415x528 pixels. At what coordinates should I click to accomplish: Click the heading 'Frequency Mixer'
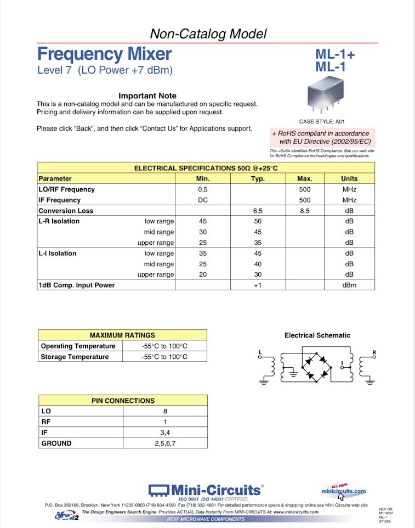104,54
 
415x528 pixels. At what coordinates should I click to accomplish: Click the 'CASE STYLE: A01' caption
322,121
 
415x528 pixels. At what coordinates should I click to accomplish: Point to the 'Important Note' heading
147,96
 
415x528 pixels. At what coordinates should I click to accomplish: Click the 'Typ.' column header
258,178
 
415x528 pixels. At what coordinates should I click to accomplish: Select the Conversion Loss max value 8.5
305,211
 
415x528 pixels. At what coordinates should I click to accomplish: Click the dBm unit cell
349,285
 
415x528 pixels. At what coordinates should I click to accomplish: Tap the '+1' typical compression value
258,285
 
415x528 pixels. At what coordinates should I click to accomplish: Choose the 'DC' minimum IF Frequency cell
202,200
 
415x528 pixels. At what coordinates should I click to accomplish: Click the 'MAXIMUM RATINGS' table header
122,335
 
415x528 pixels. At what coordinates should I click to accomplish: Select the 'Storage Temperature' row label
75,357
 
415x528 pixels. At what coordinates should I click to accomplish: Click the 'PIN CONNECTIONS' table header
123,401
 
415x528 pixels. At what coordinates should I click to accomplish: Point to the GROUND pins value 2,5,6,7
165,443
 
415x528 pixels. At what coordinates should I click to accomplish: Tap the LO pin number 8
165,411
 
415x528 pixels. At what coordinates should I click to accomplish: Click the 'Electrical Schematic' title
317,335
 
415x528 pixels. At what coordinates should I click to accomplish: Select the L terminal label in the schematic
260,351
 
